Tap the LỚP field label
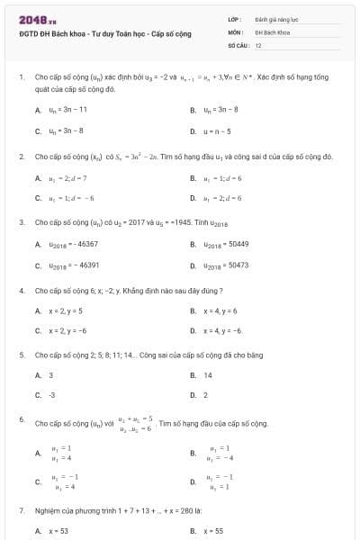pyautogui.click(x=234, y=18)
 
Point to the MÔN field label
pyautogui.click(x=235, y=31)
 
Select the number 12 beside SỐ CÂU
pyautogui.click(x=258, y=44)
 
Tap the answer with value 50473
pyautogui.click(x=226, y=265)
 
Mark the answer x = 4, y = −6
pyautogui.click(x=223, y=330)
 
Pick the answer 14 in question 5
pyautogui.click(x=208, y=374)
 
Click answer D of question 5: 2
pyautogui.click(x=205, y=395)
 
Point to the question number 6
pyautogui.click(x=22, y=419)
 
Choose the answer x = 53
pyautogui.click(x=58, y=531)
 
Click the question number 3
pyautogui.click(x=22, y=221)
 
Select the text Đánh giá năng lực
pyautogui.click(x=276, y=18)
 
